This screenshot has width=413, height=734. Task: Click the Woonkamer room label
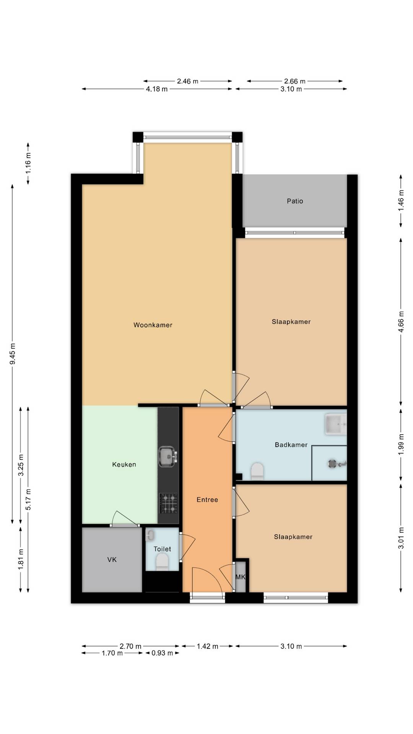(153, 325)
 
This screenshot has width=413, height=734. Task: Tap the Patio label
(295, 201)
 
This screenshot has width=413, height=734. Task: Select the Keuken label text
(124, 464)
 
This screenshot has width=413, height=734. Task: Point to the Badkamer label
(291, 445)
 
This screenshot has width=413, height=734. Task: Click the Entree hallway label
(207, 500)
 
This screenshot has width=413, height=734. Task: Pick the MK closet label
(240, 577)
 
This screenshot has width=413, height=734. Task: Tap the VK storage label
(112, 560)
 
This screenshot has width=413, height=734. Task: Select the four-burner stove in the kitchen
(168, 503)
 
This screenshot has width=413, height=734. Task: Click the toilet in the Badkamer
(257, 471)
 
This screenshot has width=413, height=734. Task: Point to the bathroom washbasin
(336, 424)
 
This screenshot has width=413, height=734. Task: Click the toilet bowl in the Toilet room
(162, 562)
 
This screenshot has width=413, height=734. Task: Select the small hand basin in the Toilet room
(150, 535)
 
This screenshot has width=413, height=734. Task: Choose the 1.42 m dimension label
(207, 646)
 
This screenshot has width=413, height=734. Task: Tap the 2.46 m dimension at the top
(187, 81)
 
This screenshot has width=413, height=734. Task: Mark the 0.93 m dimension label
(162, 653)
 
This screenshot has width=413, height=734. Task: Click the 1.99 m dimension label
(401, 444)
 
